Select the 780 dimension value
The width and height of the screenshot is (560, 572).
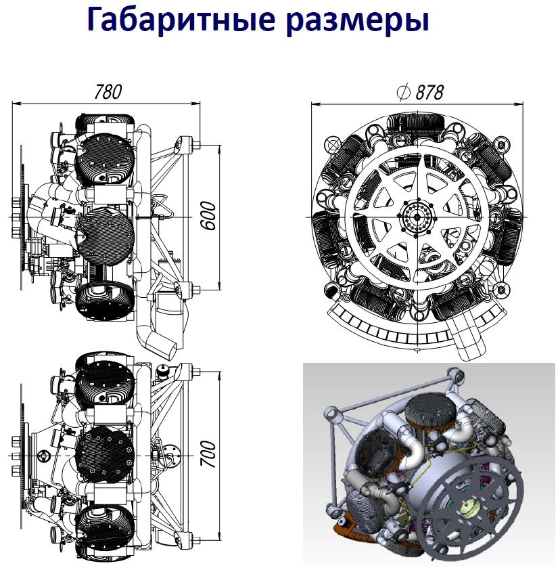108,92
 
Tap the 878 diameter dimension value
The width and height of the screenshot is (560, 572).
429,92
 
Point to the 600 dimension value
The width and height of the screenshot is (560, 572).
209,215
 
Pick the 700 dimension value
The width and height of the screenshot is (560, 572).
209,454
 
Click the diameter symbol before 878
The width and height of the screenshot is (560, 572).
403,92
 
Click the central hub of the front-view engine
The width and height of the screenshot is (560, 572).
417,217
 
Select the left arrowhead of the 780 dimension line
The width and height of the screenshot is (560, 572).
16,104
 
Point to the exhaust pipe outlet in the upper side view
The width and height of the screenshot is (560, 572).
168,347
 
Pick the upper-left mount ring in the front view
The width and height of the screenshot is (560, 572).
333,145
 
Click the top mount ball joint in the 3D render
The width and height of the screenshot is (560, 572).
456,374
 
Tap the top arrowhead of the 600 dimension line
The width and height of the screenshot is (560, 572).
220,149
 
